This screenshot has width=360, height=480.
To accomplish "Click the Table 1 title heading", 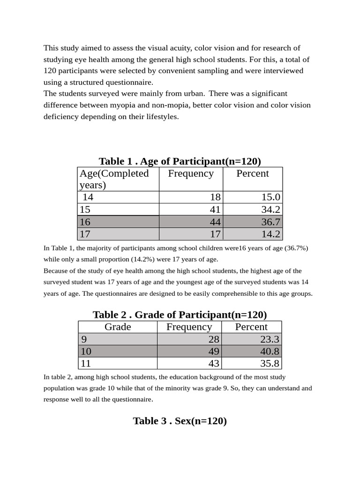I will pos(180,161).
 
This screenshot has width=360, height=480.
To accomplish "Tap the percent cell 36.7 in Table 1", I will pos(270,222).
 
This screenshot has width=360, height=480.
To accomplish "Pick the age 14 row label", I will pos(88,197).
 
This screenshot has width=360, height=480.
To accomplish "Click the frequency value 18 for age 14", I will pos(215,197).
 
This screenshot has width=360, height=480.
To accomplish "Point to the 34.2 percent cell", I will pos(270,210).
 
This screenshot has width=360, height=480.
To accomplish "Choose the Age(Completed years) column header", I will pos(114,179).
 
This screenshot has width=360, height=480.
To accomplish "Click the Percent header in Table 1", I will pos(252,173).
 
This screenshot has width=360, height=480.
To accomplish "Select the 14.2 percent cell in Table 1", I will pos(270,234).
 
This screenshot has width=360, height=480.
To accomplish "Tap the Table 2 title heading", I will pos(180,315).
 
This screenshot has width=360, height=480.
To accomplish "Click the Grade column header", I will pos(118,327).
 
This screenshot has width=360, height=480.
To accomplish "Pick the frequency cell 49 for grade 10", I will pos(213,351).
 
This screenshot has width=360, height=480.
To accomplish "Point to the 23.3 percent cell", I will pos(270,339).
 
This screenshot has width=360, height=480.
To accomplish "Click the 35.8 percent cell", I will pos(270,363).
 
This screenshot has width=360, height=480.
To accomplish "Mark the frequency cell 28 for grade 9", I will pos(213,339).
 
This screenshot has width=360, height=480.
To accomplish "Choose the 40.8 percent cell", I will pos(270,351).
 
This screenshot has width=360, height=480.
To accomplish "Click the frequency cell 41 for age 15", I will pos(215,210).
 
